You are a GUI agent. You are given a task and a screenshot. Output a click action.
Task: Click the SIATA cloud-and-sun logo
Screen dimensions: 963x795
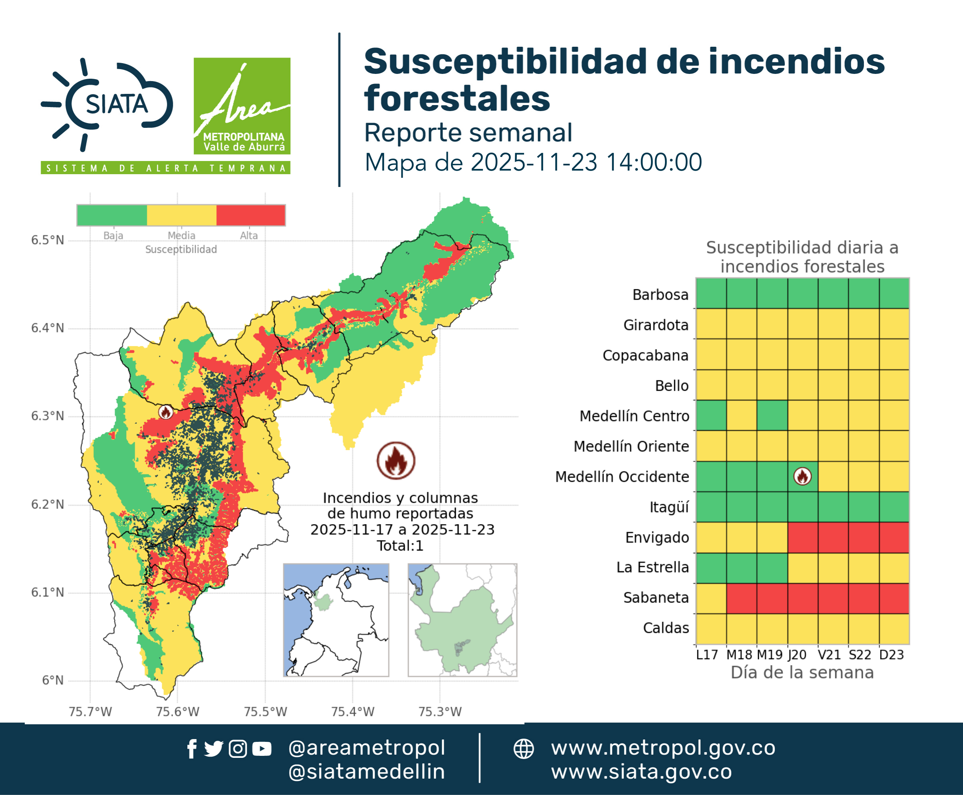[107, 104]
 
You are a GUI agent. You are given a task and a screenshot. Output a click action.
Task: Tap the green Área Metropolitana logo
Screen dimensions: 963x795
[242, 106]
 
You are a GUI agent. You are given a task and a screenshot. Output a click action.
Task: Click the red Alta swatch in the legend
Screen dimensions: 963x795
[250, 215]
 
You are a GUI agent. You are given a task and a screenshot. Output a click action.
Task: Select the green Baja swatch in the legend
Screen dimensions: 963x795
[112, 215]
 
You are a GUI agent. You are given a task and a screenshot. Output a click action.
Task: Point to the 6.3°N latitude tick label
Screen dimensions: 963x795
[48, 416]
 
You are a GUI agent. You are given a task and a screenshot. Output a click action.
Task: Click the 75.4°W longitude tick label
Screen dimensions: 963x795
[353, 712]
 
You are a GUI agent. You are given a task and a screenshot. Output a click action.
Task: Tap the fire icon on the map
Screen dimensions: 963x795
[166, 412]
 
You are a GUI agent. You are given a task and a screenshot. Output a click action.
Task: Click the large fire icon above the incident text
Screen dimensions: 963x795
[396, 460]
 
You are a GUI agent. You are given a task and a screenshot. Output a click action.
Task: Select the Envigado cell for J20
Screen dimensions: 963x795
[803, 538]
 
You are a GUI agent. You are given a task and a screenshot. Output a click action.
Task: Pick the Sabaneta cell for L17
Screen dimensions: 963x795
[711, 598]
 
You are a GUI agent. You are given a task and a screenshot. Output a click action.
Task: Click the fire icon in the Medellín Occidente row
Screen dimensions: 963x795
[802, 476]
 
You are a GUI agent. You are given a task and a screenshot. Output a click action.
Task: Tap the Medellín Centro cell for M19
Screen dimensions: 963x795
[772, 415]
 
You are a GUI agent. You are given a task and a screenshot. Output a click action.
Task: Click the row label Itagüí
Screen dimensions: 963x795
[669, 507]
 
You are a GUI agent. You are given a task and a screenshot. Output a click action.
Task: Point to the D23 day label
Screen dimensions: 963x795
[892, 655]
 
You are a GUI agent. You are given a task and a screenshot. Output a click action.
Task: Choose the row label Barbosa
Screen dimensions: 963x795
[660, 294]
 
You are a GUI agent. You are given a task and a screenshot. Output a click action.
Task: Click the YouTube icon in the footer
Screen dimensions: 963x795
[262, 749]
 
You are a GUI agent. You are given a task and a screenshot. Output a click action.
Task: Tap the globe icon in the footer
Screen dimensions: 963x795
[523, 749]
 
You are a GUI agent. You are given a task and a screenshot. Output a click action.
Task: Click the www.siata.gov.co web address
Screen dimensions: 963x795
[641, 772]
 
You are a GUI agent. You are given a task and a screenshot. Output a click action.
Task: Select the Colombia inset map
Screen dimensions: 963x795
[336, 620]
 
